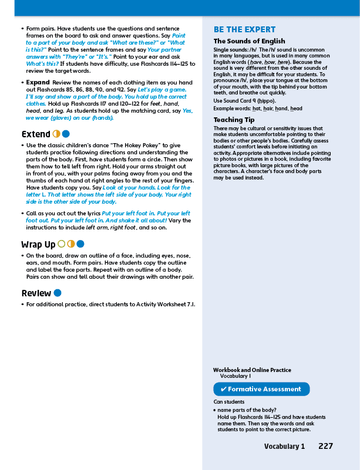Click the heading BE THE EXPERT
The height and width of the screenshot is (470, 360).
pyautogui.click(x=244, y=30)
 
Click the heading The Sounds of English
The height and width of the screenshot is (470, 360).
pyautogui.click(x=244, y=41)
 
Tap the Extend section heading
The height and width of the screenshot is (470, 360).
pyautogui.click(x=36, y=134)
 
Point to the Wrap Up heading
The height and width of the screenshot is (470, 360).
pyautogui.click(x=38, y=244)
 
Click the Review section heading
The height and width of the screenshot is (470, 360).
pyautogui.click(x=36, y=293)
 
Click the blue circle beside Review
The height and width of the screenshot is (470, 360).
pyautogui.click(x=58, y=293)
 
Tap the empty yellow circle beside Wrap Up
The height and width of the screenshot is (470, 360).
pyautogui.click(x=62, y=244)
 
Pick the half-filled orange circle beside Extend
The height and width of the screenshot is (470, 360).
pyautogui.click(x=57, y=134)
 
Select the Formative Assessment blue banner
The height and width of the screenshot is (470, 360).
pyautogui.click(x=261, y=389)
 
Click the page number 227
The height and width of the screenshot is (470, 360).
pyautogui.click(x=325, y=447)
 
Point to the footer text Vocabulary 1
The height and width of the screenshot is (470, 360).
pyautogui.click(x=284, y=447)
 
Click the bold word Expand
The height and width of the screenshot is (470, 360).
pyautogui.click(x=38, y=82)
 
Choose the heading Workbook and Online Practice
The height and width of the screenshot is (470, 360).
pyautogui.click(x=252, y=370)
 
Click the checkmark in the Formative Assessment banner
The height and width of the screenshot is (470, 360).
pyautogui.click(x=224, y=389)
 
